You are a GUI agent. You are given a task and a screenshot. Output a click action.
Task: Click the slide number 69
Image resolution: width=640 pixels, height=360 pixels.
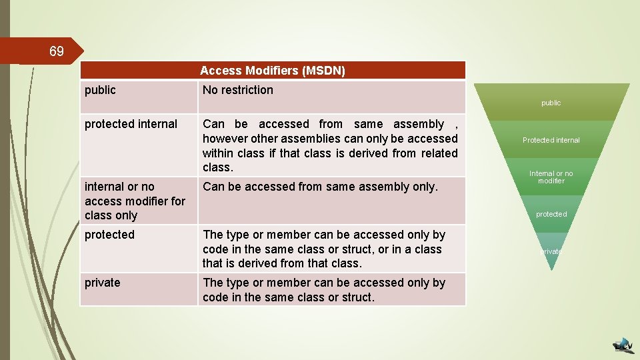[x=57, y=51]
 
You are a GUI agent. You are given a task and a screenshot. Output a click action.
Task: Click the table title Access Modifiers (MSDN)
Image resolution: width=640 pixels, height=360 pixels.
[x=272, y=70]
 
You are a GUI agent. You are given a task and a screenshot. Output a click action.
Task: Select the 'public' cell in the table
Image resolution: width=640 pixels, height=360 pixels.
[x=100, y=90]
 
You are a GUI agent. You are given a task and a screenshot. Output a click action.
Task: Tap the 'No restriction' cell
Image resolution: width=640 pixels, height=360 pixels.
[x=238, y=90]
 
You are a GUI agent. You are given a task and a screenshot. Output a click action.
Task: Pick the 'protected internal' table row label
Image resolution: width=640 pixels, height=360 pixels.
[x=131, y=124]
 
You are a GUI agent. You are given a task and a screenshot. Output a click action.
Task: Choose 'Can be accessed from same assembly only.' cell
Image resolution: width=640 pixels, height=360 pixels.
[x=320, y=187]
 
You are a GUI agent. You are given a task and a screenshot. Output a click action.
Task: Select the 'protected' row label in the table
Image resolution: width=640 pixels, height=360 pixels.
[x=109, y=235]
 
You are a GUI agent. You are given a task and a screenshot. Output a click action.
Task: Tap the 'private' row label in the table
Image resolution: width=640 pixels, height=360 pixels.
[x=103, y=283]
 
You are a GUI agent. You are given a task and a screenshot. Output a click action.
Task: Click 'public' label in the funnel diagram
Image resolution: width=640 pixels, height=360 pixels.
[x=551, y=103]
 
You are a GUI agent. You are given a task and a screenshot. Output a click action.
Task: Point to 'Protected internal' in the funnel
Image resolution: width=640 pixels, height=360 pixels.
[x=551, y=140]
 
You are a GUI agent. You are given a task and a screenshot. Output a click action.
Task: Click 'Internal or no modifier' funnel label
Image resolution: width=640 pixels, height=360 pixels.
[x=551, y=177]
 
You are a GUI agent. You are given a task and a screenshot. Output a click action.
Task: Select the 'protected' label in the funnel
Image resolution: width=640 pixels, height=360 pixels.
[x=551, y=214]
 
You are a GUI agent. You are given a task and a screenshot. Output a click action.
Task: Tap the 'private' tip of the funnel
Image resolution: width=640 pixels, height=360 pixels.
[x=551, y=251]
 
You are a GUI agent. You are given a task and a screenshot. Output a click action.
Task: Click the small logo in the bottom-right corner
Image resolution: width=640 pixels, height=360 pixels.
[x=624, y=344]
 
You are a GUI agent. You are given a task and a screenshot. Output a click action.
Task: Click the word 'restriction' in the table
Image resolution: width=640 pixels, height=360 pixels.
[x=247, y=90]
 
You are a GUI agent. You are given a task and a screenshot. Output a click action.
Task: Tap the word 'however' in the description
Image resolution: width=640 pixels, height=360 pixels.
[x=225, y=139]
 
